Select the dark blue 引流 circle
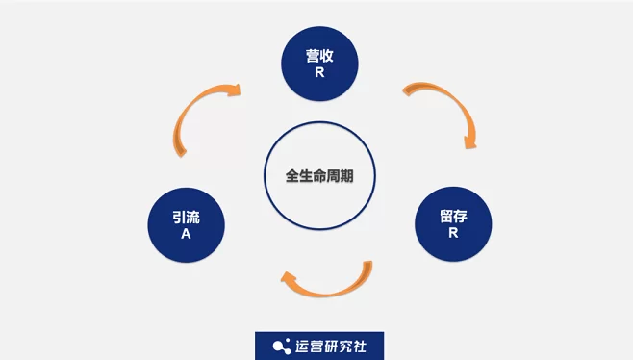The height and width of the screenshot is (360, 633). click(187, 225)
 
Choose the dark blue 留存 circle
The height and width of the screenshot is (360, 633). click(453, 225)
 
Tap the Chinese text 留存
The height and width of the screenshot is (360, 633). click(453, 217)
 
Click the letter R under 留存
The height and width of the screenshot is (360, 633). click(453, 234)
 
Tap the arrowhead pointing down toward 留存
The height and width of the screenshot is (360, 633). click(469, 141)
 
